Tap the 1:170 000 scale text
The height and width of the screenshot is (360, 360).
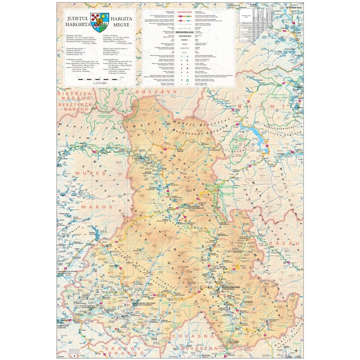[x=99, y=82]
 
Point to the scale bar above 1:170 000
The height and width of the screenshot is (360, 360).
[x=100, y=78]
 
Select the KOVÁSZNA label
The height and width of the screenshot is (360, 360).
[x=200, y=346]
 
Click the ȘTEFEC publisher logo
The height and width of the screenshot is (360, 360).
[x=292, y=7]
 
